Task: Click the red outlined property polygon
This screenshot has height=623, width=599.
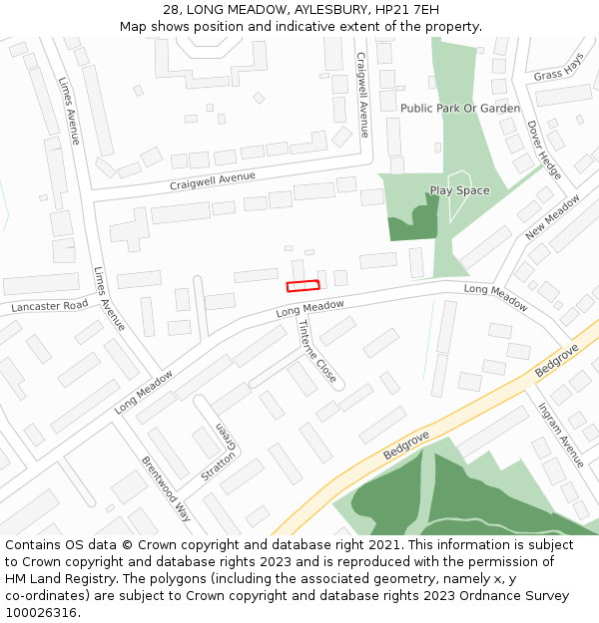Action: [x=302, y=286]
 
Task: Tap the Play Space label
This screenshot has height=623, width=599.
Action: [x=459, y=190]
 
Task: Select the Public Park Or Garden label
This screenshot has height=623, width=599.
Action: [x=459, y=108]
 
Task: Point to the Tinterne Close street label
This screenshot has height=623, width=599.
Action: [x=316, y=355]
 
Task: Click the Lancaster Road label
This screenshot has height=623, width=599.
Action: [x=50, y=306]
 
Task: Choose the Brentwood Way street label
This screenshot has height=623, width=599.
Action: [x=166, y=489]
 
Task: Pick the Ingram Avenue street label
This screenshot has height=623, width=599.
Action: [x=560, y=435]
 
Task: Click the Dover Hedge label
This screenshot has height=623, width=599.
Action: [x=543, y=150]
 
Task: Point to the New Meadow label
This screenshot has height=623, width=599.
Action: [x=552, y=217]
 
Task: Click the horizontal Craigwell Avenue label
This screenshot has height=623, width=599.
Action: [x=212, y=180]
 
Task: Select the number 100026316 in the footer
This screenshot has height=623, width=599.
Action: [x=40, y=613]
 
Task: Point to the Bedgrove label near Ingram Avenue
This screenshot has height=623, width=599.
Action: [x=556, y=360]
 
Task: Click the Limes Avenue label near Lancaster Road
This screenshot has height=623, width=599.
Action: [x=109, y=299]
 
